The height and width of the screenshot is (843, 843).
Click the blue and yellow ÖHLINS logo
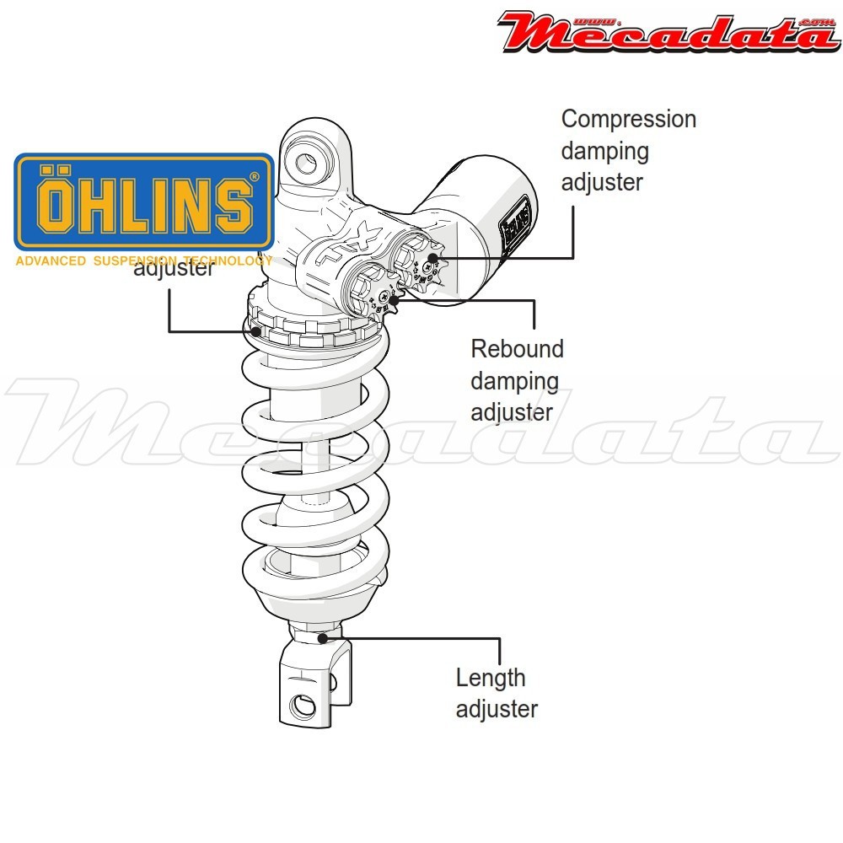[144, 201]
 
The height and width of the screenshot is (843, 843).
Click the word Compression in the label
[629, 120]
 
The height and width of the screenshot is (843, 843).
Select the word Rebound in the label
[517, 349]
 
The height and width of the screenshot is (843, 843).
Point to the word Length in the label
[491, 678]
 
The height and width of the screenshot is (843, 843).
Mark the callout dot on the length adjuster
[322, 638]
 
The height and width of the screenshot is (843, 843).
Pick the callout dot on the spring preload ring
[255, 331]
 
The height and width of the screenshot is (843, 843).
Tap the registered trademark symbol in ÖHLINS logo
[255, 177]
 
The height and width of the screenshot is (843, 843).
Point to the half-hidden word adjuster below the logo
[174, 270]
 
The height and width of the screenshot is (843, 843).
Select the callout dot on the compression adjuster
[432, 258]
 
